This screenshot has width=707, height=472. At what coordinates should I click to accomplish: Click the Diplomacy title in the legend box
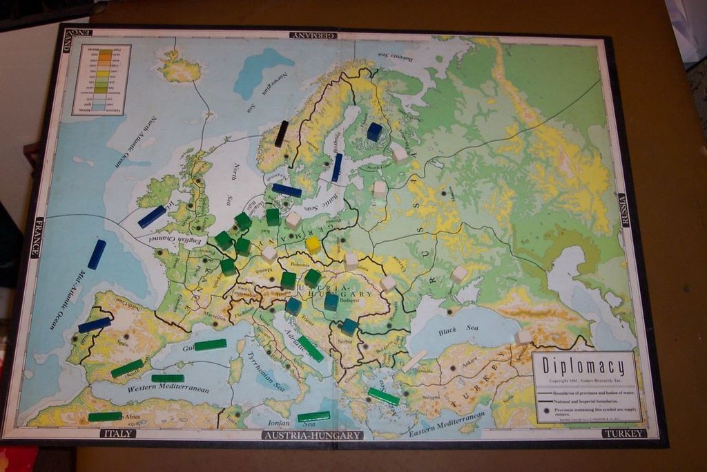click(x=583, y=366)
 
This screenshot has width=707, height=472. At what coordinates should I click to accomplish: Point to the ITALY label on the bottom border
click(x=118, y=433)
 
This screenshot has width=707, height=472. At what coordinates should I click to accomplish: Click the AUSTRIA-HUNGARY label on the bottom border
click(x=313, y=435)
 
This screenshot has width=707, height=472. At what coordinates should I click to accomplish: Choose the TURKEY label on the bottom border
click(x=623, y=433)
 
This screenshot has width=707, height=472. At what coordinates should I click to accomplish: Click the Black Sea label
click(x=458, y=330)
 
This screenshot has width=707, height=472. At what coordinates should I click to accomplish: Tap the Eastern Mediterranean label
click(x=445, y=424)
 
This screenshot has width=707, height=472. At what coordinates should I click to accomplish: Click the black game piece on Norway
click(x=281, y=133)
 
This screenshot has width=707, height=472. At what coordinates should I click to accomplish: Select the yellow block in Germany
click(x=313, y=245)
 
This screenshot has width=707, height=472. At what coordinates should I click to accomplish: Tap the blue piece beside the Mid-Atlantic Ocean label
click(x=97, y=254)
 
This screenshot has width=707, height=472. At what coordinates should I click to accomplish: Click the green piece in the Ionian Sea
click(x=313, y=417)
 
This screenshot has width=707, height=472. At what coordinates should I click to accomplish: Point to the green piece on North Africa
click(x=105, y=417)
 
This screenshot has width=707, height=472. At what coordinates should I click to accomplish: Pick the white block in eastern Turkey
click(x=523, y=337)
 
